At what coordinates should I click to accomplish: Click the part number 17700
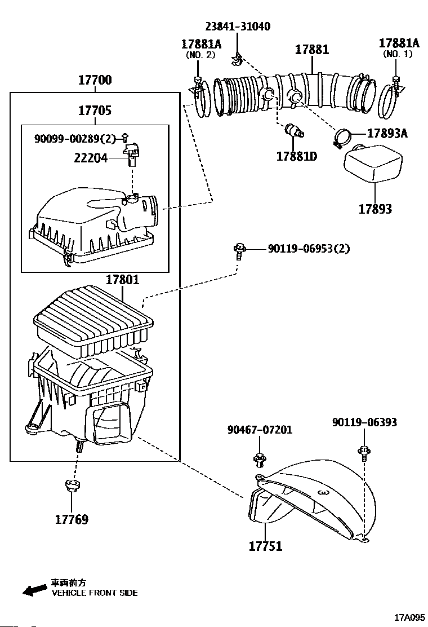[95, 80]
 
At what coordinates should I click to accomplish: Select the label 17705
[95, 111]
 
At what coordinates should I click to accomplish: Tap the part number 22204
[90, 159]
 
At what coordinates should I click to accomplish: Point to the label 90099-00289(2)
[75, 138]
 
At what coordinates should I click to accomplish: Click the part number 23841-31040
[237, 27]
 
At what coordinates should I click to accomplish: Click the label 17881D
[296, 156]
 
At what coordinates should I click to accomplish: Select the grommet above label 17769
[72, 485]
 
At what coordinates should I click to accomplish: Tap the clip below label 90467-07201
[260, 459]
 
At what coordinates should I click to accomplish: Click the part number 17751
[265, 546]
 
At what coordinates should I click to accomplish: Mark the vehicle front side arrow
[34, 590]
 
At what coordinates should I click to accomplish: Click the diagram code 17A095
[409, 617]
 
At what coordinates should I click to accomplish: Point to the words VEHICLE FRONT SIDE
[95, 593]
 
